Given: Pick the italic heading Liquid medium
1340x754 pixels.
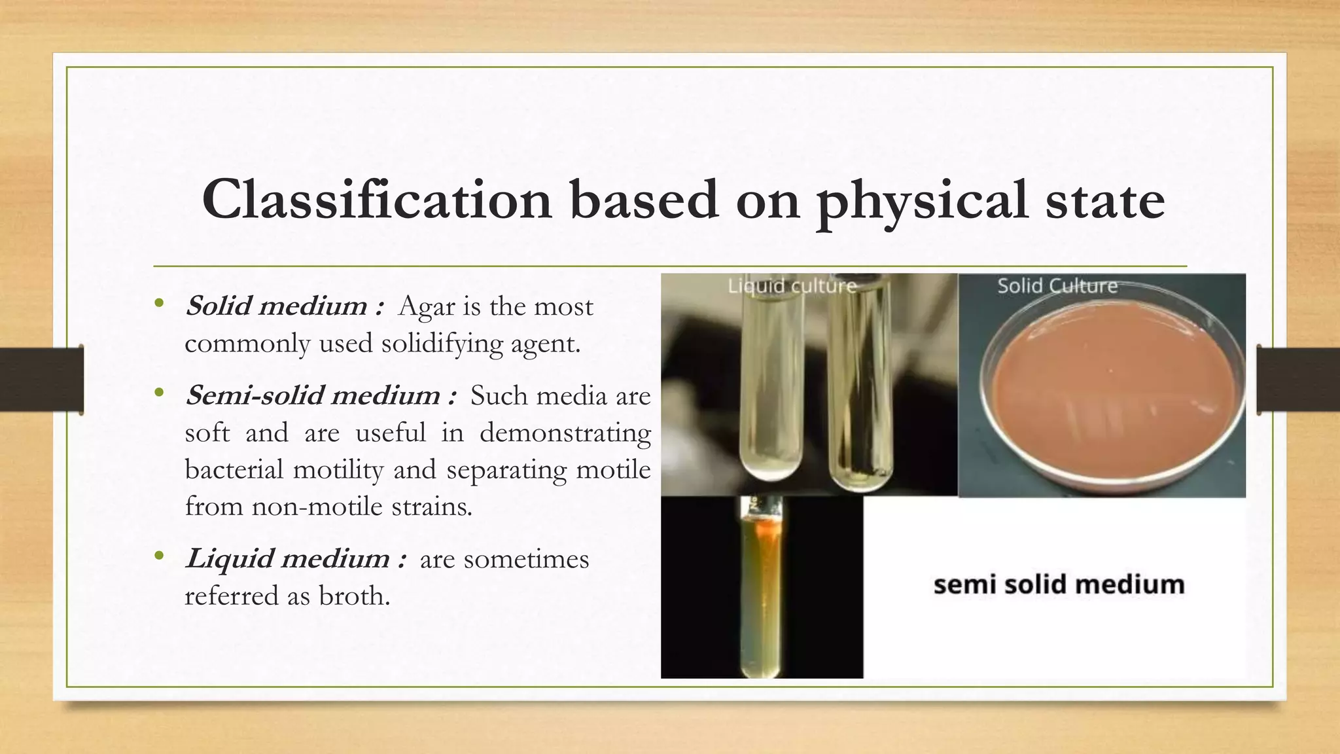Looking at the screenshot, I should tap(288, 559).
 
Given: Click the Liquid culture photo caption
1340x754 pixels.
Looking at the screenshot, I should tap(792, 286).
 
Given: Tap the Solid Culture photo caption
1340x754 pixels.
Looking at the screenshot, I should tap(1057, 286).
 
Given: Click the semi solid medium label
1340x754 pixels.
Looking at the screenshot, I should tap(1059, 584).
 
